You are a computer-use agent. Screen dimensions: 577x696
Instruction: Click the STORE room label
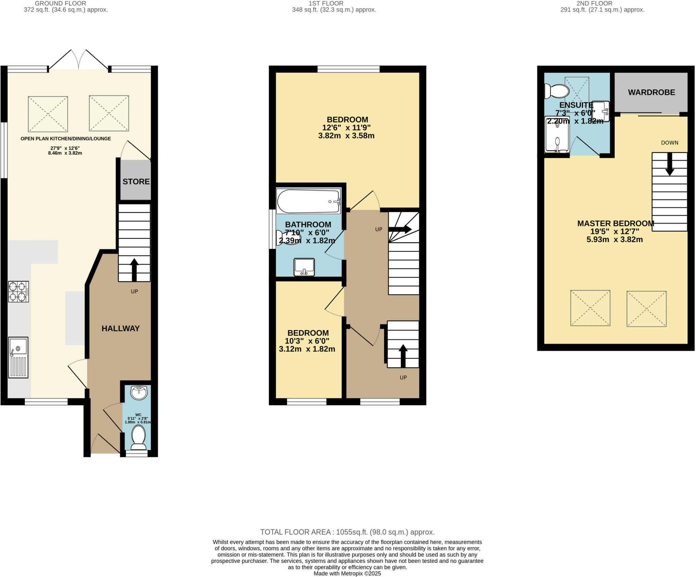136,182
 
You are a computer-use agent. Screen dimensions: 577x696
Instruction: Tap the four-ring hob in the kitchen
18,292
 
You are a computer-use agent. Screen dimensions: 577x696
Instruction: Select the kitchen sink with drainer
18,357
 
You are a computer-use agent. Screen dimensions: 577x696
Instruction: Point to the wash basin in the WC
139,393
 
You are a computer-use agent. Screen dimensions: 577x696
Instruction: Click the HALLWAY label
121,328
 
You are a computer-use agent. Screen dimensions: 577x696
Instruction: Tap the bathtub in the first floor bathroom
308,201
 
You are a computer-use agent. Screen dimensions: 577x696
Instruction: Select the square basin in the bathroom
304,267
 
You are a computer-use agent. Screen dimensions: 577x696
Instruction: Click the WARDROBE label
651,92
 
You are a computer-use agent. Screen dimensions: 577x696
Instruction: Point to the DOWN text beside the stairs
669,143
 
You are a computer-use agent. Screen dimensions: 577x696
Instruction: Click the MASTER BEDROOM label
615,224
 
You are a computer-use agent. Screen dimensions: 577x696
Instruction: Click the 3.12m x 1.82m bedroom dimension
307,349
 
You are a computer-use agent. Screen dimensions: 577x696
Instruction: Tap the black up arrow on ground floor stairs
134,270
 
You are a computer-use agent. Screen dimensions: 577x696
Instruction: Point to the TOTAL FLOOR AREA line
347,532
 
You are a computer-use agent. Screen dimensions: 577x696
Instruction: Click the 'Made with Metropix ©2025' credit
347,574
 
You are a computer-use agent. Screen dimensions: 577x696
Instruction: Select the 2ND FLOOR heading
594,3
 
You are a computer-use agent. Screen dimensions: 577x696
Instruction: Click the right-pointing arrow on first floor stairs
400,229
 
